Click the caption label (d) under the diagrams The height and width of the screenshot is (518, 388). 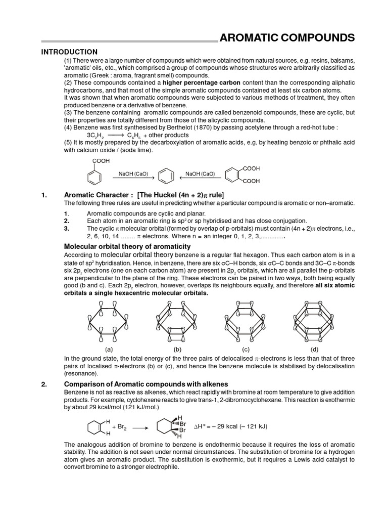point(315,350)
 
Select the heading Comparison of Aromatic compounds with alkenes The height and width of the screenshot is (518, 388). point(146,384)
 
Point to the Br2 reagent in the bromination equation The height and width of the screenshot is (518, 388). point(120,427)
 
